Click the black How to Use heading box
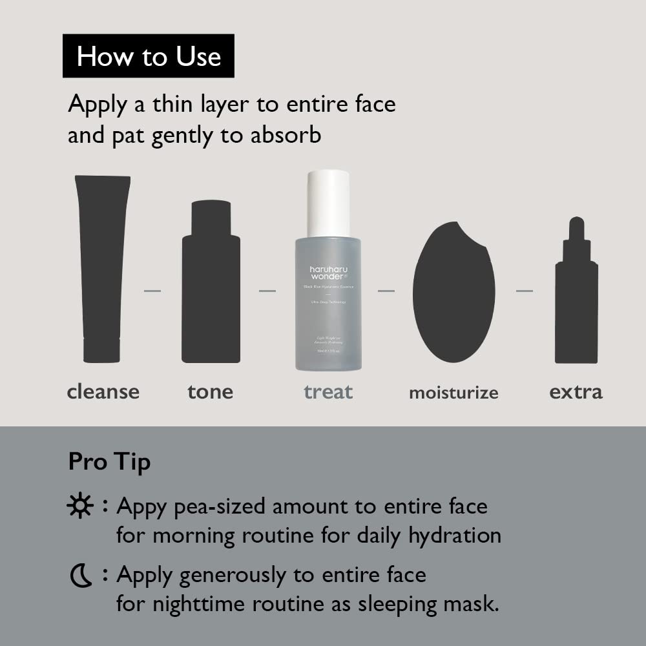click(x=149, y=56)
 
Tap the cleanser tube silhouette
click(x=102, y=268)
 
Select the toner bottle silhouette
click(x=211, y=284)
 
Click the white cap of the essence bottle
click(x=328, y=203)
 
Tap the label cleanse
click(x=103, y=391)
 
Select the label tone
click(x=211, y=391)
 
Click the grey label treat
click(x=328, y=391)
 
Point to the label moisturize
click(x=453, y=393)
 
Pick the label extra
click(x=576, y=391)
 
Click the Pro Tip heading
click(x=109, y=462)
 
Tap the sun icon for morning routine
click(x=80, y=506)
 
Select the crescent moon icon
click(x=81, y=575)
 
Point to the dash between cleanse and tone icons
click(x=152, y=291)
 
